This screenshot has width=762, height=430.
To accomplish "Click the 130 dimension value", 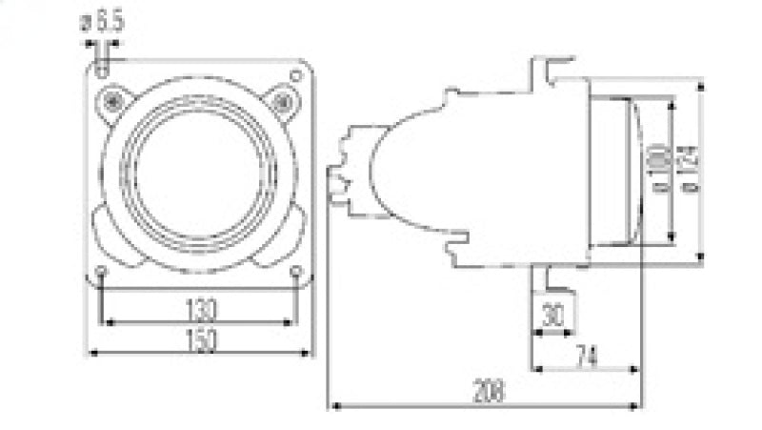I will coord(201,310).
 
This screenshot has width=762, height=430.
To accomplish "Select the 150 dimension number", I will coord(201,339).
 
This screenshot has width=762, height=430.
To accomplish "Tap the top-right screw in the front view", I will coord(282,100).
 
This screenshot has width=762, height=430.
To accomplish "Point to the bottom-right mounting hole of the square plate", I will coord(296,273).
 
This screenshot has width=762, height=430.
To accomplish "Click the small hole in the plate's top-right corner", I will coord(296,74).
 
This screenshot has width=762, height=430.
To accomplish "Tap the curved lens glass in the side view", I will coord(632,169).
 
